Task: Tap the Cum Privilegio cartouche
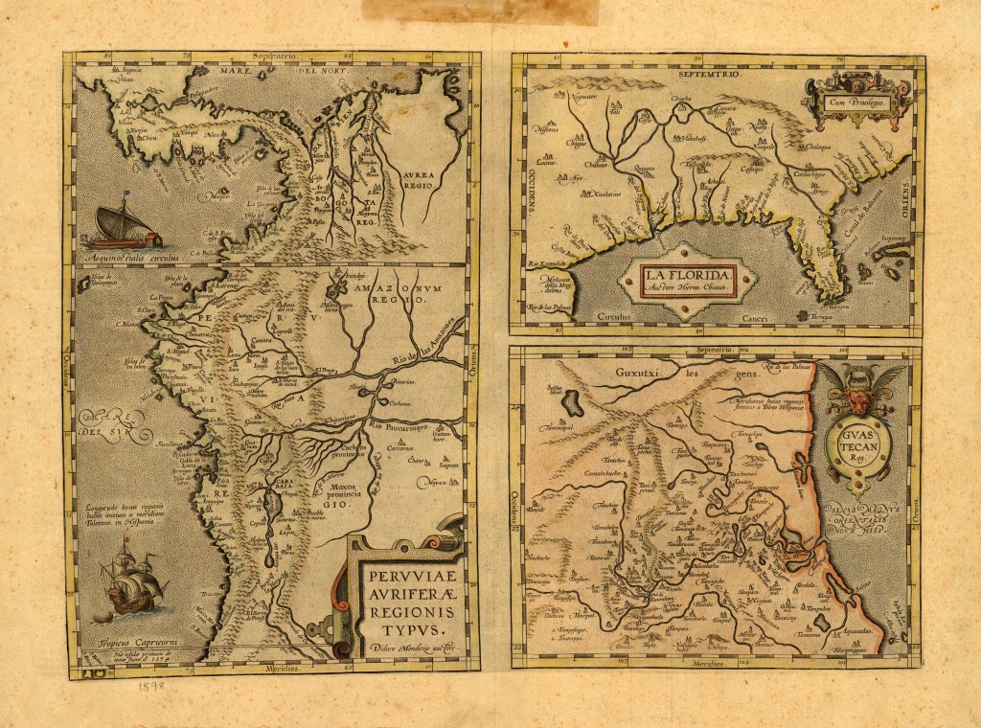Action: pos(856,99)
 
